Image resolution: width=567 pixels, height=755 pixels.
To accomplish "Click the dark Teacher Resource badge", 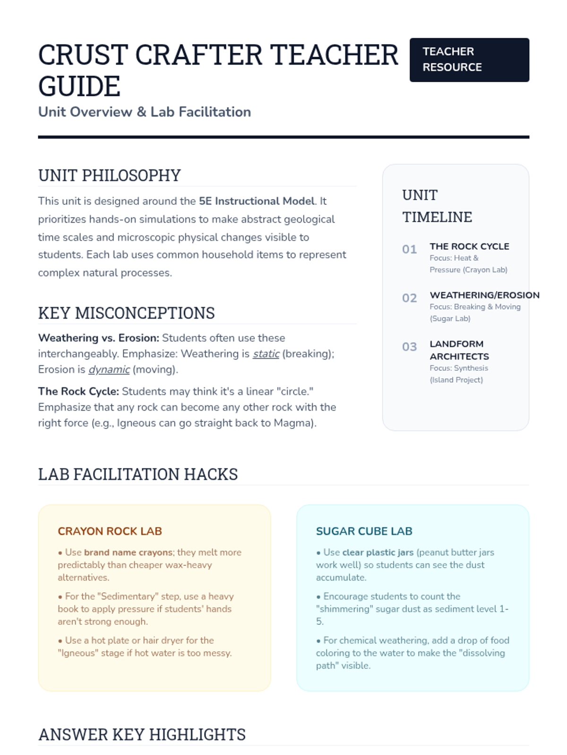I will point(469,60).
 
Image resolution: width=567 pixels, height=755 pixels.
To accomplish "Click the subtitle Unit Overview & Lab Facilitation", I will point(144,112).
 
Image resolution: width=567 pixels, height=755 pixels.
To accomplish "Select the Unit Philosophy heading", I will point(109,176).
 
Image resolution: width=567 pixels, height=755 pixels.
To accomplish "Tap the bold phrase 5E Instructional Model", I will point(257,201).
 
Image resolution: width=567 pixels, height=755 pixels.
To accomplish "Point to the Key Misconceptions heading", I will point(126,313).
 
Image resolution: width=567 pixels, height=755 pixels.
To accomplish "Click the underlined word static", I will point(266,354).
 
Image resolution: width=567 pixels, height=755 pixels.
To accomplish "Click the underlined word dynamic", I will point(109,369).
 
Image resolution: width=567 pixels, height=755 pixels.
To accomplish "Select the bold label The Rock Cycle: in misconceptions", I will point(78,392).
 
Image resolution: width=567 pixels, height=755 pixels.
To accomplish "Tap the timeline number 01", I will point(409,249).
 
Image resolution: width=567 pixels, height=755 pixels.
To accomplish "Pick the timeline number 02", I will point(409,298).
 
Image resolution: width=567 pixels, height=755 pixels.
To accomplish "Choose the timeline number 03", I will point(409,347).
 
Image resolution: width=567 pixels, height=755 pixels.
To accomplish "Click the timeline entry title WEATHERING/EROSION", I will point(484,295).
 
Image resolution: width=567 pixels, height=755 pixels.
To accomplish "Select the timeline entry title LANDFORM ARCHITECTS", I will point(459,350).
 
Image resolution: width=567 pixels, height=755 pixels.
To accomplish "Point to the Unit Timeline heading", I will point(437,206).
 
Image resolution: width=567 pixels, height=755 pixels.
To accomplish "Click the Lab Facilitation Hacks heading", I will point(137,474).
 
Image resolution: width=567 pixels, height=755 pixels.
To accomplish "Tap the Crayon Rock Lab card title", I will point(110,531).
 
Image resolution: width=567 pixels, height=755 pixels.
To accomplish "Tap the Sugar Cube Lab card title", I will point(364,531).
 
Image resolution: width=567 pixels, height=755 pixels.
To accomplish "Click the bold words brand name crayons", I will point(128,553).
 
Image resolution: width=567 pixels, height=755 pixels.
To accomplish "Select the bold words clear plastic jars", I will point(378,553).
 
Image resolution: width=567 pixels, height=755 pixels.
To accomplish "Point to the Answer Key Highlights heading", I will point(142,735).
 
